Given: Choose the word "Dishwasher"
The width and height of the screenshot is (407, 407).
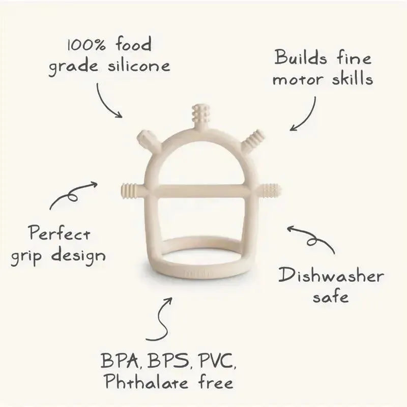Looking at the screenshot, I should pos(330,276).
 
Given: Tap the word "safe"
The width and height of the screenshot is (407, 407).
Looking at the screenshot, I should pos(330,297).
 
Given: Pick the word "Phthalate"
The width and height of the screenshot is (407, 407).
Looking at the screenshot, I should pos(141,382).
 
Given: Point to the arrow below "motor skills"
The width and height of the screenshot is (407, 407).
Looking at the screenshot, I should pos(304,114).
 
